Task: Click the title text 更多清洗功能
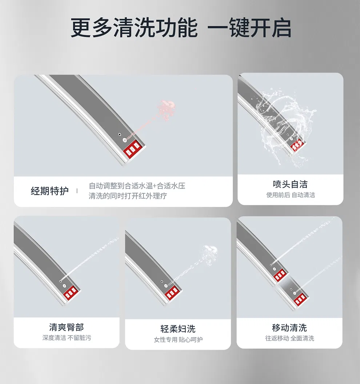point(134,28)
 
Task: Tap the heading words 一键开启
point(249,28)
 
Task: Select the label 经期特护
point(50,191)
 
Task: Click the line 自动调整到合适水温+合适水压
point(137,186)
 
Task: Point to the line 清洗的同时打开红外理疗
point(128,196)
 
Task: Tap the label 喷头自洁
point(290,184)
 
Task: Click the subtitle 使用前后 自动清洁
point(291,195)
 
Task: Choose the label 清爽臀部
point(67,327)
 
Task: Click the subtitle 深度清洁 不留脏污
point(67,338)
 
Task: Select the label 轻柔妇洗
point(178,329)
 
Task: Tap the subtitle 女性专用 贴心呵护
point(178,340)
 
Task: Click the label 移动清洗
point(289,328)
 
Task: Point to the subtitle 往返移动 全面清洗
point(290,338)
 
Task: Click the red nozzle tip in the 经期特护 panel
point(132,149)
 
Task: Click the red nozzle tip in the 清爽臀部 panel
point(71,293)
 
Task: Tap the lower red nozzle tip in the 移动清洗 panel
point(300,300)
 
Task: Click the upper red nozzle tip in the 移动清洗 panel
point(280,275)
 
